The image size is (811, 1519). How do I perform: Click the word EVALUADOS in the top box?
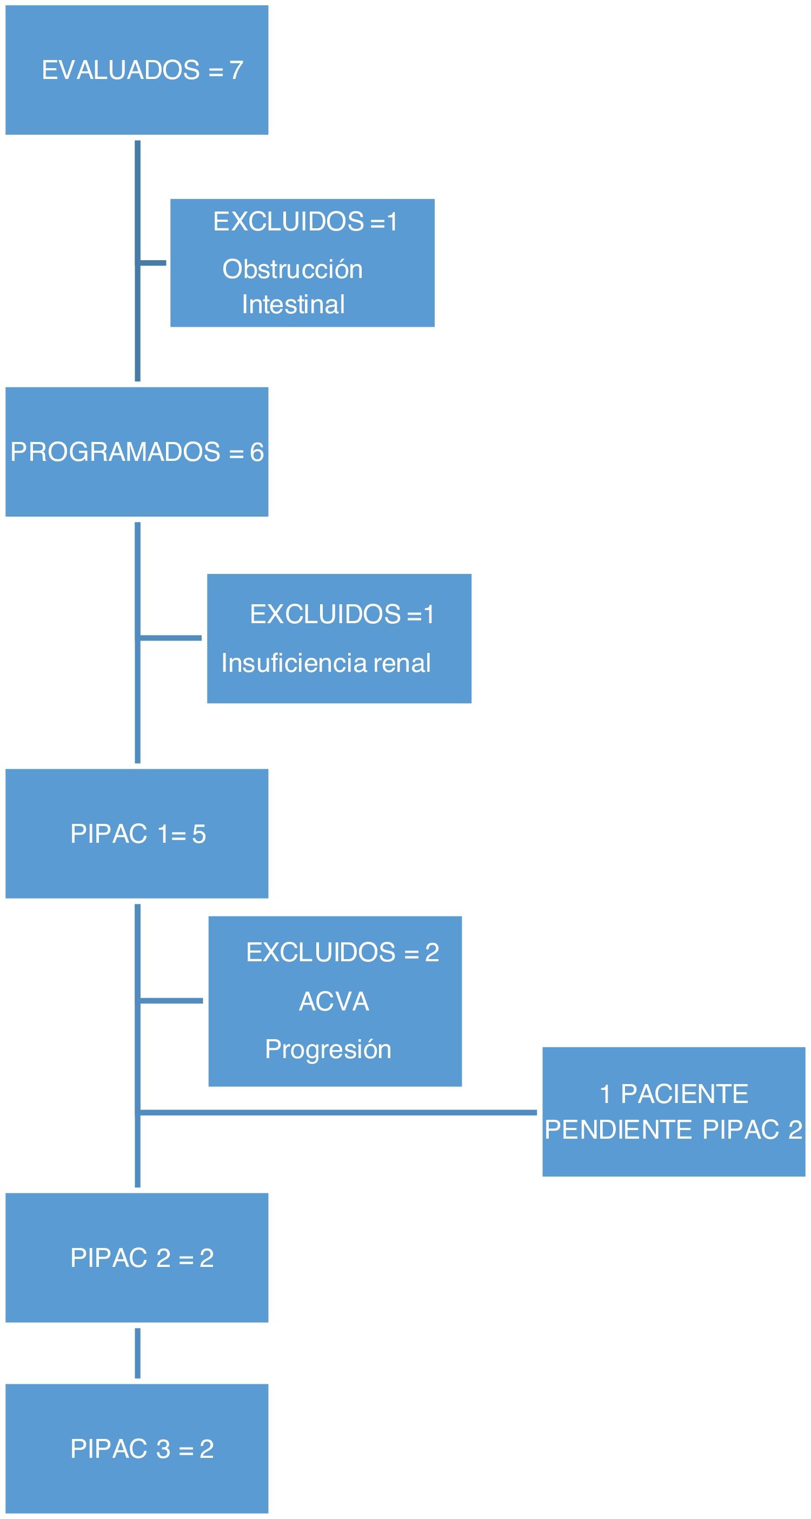(x=121, y=70)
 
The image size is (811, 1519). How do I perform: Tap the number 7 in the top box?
(x=236, y=70)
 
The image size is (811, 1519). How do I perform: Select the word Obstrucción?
(x=293, y=269)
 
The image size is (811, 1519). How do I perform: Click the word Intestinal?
(x=293, y=304)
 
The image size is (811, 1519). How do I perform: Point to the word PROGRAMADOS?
(x=116, y=452)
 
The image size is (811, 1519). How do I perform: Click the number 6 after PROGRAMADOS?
(x=256, y=452)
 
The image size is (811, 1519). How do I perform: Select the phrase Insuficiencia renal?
(x=326, y=663)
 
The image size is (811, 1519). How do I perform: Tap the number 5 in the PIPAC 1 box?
(x=198, y=834)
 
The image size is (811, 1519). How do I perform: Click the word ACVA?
(x=334, y=1001)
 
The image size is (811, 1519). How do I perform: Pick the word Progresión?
(x=328, y=1049)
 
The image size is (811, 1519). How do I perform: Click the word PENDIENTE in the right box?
(x=619, y=1130)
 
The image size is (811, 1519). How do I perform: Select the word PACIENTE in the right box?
(x=684, y=1094)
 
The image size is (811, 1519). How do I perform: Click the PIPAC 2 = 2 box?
(x=137, y=1258)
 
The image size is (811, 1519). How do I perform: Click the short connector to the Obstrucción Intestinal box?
(x=153, y=263)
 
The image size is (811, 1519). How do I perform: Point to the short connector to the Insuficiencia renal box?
(x=171, y=637)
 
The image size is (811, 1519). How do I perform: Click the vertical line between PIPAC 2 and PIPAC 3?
(x=137, y=1353)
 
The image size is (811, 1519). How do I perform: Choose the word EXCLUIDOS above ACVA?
(x=321, y=952)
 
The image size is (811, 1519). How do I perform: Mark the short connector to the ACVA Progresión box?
(x=171, y=1001)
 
